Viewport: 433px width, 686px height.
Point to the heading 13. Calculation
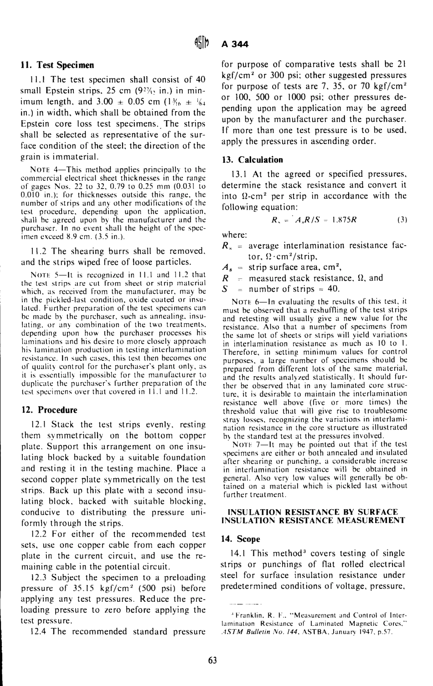point(252,160)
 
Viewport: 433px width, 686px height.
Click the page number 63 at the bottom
point(212,661)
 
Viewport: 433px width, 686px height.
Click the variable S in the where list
point(224,289)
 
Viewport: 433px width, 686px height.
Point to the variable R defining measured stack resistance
point(224,278)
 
